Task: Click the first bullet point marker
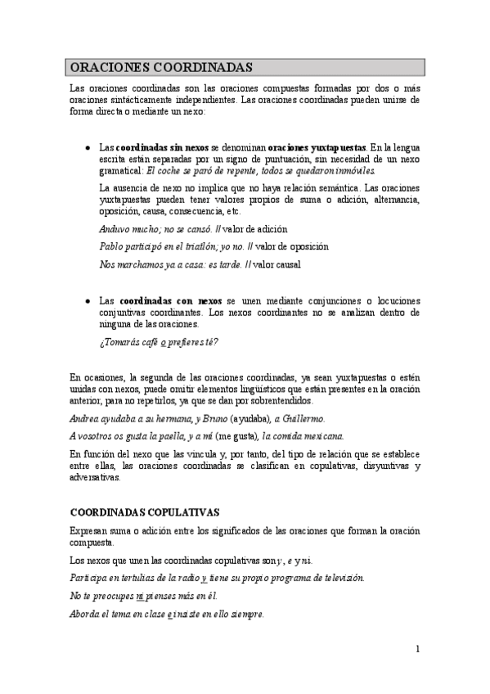[88, 147]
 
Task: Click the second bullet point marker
[88, 301]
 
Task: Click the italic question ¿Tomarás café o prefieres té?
[159, 342]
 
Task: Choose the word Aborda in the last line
[85, 615]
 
